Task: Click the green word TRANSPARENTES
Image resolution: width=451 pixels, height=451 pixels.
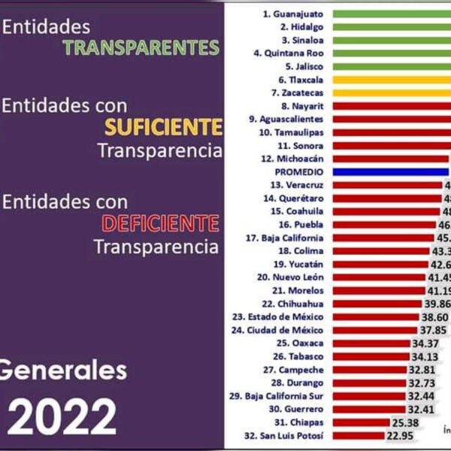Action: click(141, 47)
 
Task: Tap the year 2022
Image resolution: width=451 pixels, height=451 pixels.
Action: click(62, 416)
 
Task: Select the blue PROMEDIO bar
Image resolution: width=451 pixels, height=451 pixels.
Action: click(391, 171)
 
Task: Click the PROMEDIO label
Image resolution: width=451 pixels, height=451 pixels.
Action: click(299, 171)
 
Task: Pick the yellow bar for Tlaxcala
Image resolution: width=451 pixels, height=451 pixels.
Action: click(391, 79)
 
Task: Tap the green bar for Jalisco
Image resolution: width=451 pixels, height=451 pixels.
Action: click(391, 66)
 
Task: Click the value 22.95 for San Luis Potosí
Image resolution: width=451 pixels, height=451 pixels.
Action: click(401, 435)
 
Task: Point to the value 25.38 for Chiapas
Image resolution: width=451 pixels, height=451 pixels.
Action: click(406, 422)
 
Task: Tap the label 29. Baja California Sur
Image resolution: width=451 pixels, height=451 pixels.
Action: click(276, 395)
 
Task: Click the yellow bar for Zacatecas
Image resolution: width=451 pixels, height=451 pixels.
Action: click(391, 92)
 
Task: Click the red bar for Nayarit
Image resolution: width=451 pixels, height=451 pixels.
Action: click(391, 106)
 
